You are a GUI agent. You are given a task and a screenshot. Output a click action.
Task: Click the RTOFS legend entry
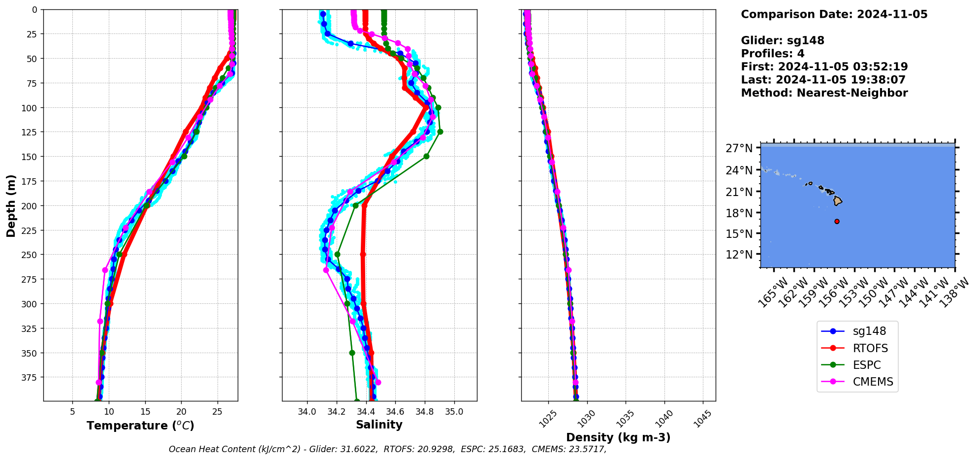coord(870,348)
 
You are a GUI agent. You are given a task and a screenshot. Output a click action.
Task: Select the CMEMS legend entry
coord(872,382)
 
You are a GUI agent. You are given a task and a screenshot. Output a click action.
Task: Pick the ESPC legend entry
coord(866,365)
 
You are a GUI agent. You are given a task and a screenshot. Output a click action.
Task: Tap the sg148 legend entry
coord(869,331)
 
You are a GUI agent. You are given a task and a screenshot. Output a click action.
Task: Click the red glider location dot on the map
coord(837,222)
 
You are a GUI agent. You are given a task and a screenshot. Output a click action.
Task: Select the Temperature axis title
coord(140,426)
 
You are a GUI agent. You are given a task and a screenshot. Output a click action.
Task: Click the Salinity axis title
coord(379,425)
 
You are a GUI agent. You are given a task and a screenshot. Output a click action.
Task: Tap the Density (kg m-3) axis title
coord(618,437)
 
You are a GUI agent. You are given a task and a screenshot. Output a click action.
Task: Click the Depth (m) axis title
coord(11,205)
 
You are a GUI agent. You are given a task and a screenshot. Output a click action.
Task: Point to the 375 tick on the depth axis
coord(30,377)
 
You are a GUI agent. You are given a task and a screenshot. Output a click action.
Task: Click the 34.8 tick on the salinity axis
coord(424,411)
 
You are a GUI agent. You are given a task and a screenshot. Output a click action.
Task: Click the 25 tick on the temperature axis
coord(217,411)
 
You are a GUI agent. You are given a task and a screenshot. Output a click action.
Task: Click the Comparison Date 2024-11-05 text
coord(834,14)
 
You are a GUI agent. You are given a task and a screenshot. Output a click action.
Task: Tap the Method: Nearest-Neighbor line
coord(824,93)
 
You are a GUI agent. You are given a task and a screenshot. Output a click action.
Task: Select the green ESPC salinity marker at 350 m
coord(352,353)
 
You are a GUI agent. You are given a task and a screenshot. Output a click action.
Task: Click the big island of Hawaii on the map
coord(837,201)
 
